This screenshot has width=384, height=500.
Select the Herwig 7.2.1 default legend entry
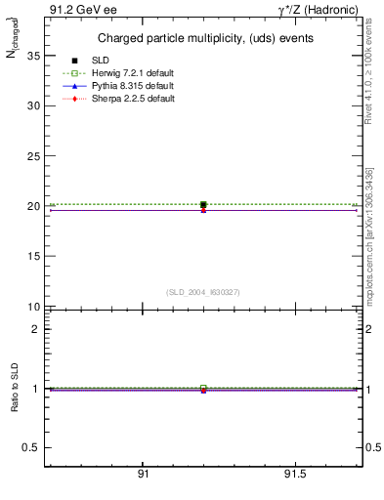(132, 74)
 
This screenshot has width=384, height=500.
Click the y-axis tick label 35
(33, 56)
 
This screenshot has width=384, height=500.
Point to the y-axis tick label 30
(33, 105)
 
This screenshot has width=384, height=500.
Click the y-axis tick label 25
(33, 156)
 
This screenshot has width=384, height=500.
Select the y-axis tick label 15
(33, 257)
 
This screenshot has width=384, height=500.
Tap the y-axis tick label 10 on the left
(33, 307)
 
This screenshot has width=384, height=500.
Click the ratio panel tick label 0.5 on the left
(30, 447)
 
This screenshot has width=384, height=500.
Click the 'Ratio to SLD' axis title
(15, 388)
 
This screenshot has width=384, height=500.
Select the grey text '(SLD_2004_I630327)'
(203, 292)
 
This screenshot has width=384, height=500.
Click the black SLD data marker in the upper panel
(203, 205)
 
